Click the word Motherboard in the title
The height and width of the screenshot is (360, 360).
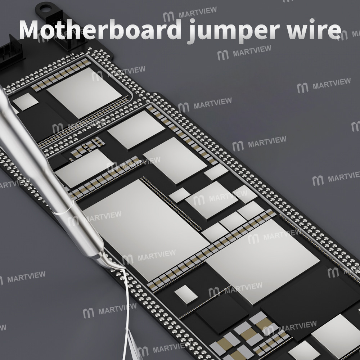click(100, 30)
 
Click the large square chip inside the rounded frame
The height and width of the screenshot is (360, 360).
click(84, 93)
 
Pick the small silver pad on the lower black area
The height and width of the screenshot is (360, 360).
click(186, 294)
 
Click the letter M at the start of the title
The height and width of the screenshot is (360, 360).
click(33, 30)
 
